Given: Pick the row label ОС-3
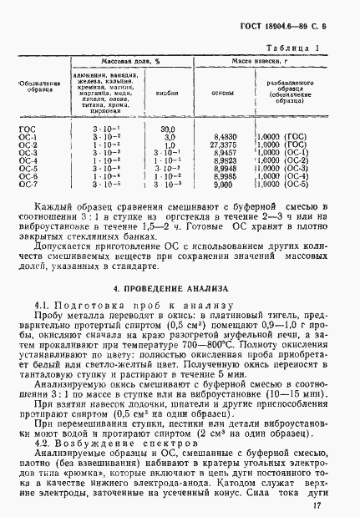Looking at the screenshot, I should [28, 152].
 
